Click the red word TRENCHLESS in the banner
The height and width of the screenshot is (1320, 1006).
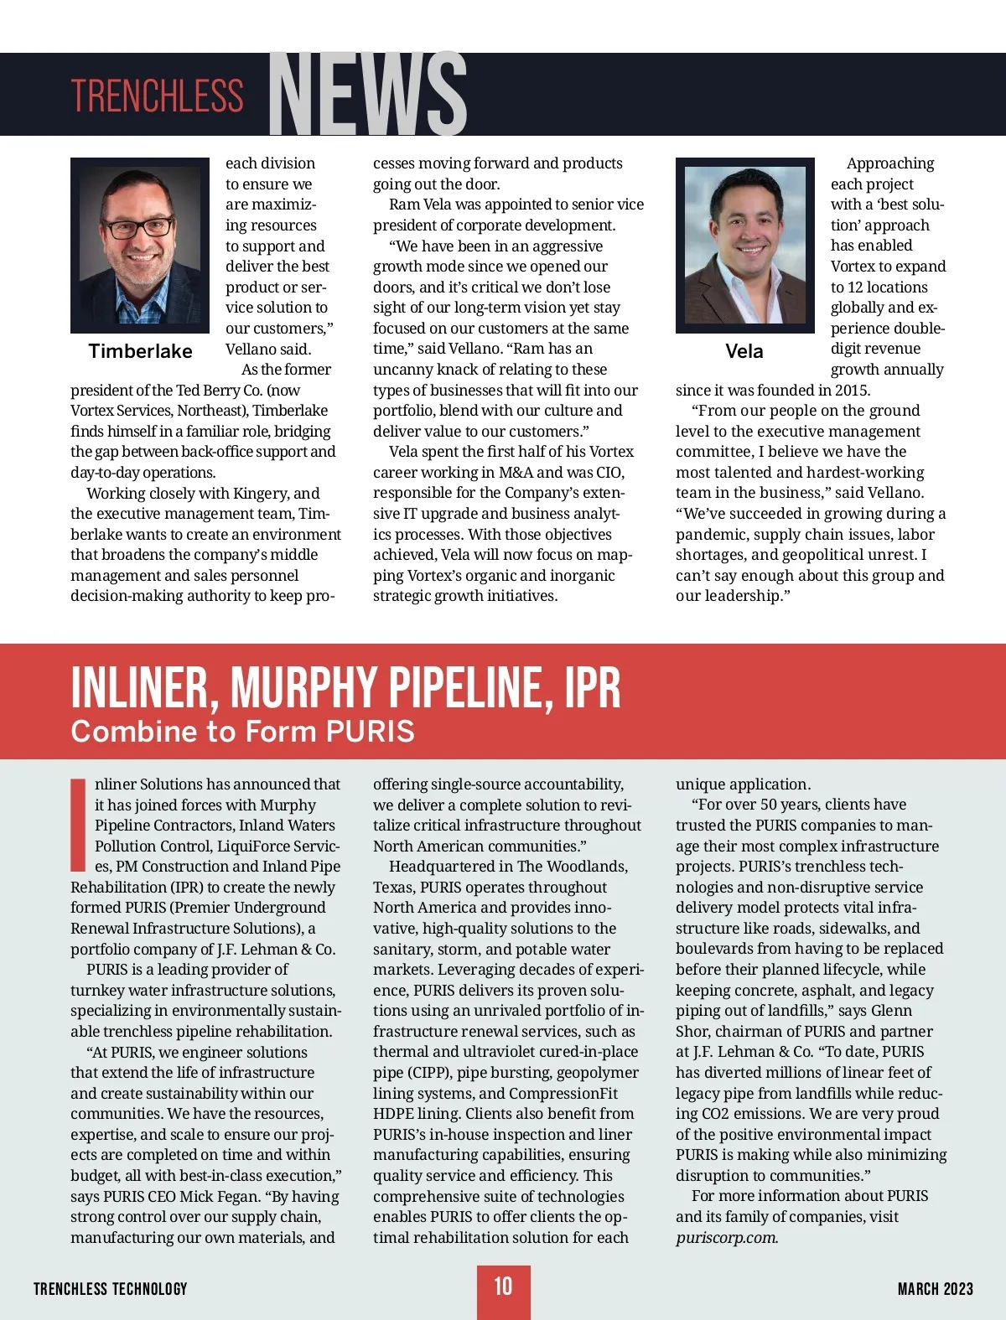157,96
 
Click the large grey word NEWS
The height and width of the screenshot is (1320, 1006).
367,94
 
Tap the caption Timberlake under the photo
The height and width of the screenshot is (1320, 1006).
140,351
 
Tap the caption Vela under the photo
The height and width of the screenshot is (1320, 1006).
744,351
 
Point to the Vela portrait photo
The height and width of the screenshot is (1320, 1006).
744,245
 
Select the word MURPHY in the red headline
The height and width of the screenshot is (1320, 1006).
303,688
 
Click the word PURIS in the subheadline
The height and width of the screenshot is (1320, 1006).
370,732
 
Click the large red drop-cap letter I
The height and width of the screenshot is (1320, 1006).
79,825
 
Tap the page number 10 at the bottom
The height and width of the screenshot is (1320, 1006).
503,1286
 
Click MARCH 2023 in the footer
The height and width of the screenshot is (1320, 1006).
935,1289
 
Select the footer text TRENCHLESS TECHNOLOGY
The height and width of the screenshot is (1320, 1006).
110,1289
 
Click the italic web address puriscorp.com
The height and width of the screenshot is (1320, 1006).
726,1238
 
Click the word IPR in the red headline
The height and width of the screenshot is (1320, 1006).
592,688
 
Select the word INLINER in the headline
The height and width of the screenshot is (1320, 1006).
139,688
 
